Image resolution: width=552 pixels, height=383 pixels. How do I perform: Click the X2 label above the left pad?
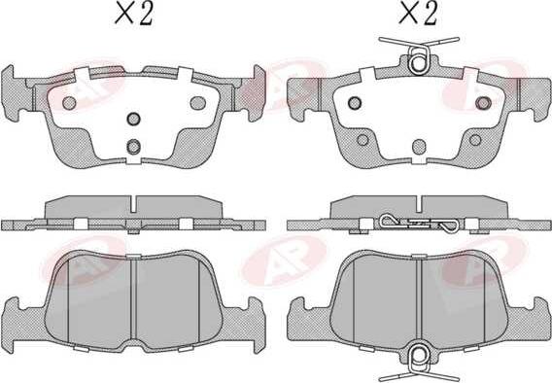tap(134, 15)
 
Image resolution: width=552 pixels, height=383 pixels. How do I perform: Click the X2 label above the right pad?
tap(418, 14)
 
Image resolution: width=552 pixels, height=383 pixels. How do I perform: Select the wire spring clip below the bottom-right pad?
tap(419, 363)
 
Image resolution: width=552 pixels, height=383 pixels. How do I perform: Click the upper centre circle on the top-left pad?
tap(134, 119)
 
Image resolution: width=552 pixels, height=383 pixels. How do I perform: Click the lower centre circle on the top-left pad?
tap(134, 147)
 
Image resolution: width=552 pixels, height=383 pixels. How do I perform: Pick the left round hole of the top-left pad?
tap(69, 103)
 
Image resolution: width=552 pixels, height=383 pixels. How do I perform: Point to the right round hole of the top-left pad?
tap(198, 103)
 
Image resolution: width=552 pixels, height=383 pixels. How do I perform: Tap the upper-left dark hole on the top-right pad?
tap(355, 103)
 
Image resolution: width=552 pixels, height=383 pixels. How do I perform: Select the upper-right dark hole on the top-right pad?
tap(483, 103)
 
